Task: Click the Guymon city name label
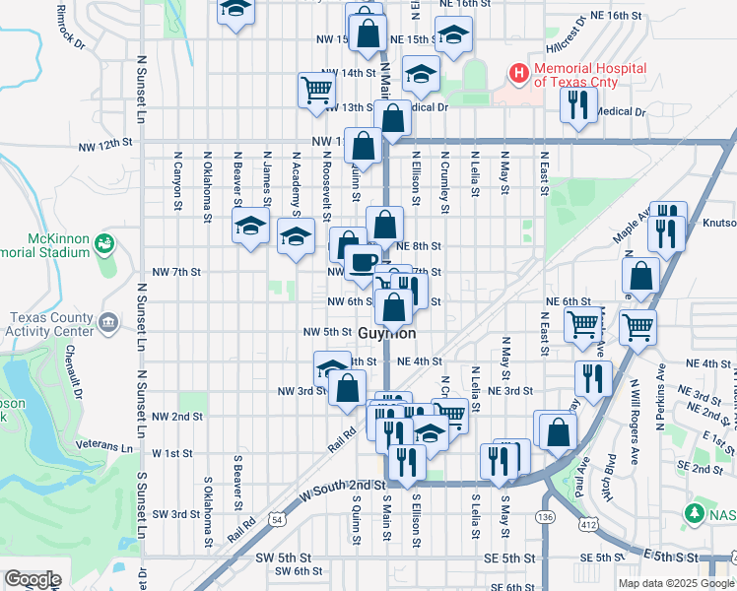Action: (393, 334)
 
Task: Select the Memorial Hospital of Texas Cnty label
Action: (589, 75)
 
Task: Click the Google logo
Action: (33, 579)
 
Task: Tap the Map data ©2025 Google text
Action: (675, 583)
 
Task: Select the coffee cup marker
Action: (362, 262)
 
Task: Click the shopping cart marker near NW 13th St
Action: (316, 90)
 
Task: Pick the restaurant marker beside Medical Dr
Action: (578, 104)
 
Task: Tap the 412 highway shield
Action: (588, 526)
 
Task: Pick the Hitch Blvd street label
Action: (609, 478)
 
